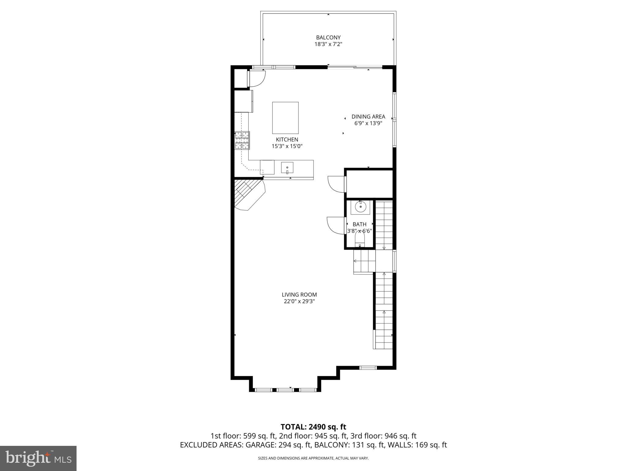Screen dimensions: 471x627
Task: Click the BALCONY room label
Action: coord(328,37)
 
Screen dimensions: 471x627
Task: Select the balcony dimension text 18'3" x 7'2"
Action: coord(328,44)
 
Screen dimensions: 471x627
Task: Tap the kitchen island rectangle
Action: coord(285,118)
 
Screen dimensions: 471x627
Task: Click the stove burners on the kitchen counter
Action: coord(242,140)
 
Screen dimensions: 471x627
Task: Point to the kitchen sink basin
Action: coord(287,168)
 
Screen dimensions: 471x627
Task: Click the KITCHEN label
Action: coord(287,140)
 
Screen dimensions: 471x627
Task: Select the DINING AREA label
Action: coord(368,117)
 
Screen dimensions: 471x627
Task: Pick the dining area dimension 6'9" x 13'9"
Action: coord(368,123)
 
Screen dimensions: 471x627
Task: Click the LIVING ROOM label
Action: coord(299,295)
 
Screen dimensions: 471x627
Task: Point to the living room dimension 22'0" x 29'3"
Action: coord(299,301)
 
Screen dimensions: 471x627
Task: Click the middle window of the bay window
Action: coord(285,390)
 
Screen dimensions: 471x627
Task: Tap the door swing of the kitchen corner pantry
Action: coord(257,78)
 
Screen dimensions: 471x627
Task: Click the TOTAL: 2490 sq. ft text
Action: coord(313,427)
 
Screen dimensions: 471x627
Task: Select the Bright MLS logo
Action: coord(38,458)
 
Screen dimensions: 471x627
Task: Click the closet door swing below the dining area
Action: coord(336,184)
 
